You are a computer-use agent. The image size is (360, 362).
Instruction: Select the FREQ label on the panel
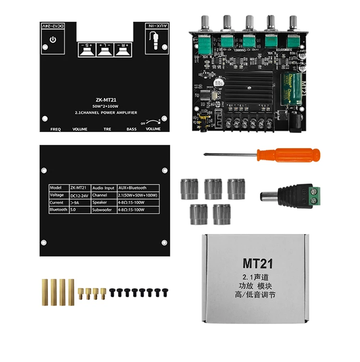56,129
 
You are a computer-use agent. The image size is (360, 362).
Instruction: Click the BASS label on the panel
131,129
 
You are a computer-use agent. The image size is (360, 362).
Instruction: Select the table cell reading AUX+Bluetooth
132,188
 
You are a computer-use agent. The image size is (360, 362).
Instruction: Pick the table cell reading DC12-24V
80,195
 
